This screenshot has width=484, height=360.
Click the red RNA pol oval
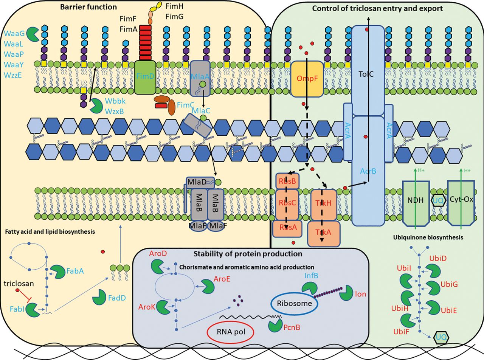pyautogui.click(x=230, y=331)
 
